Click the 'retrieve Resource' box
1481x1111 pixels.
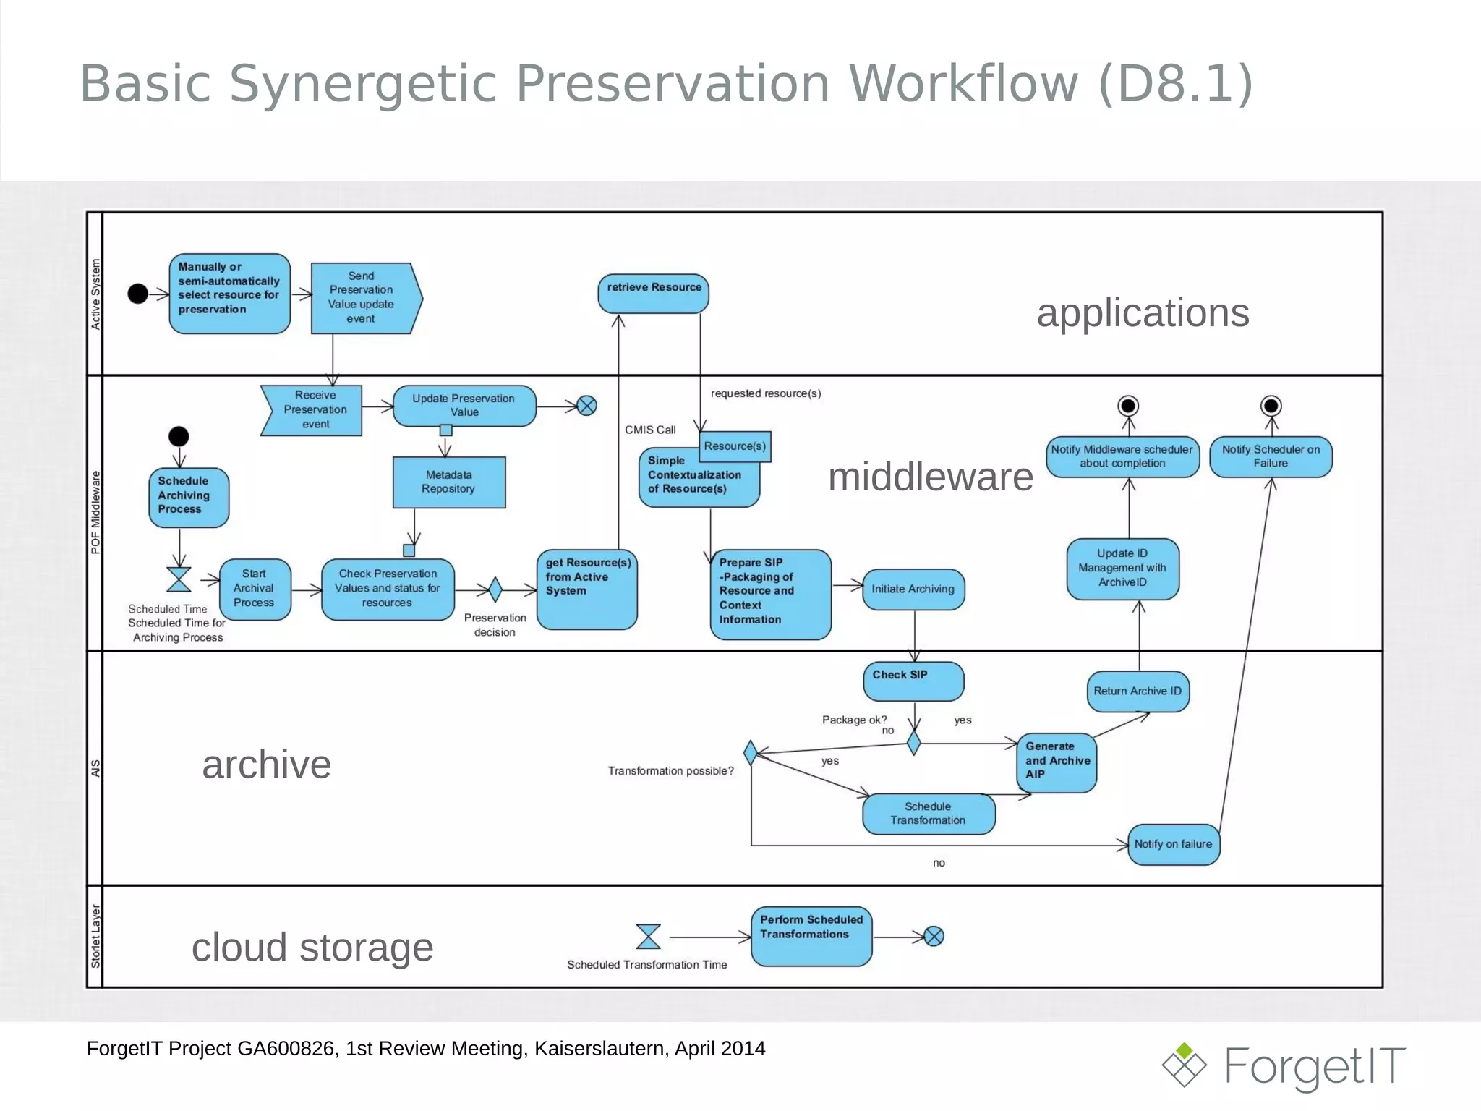(653, 294)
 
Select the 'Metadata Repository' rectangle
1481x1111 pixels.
(449, 482)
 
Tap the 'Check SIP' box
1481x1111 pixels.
(913, 681)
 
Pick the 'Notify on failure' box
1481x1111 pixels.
(1173, 845)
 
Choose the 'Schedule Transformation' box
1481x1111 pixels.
(929, 814)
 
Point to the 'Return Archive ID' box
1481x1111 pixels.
(1138, 691)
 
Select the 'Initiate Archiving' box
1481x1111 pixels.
(913, 589)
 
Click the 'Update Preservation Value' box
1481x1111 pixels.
(464, 406)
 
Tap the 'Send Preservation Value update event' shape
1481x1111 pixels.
(365, 298)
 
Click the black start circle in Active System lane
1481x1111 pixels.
(138, 294)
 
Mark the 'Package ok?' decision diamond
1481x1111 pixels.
(914, 743)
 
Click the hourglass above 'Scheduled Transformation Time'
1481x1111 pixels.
(648, 937)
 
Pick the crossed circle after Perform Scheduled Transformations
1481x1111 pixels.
(934, 937)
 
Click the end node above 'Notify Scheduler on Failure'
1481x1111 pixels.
(1271, 406)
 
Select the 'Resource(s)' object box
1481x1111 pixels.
(735, 446)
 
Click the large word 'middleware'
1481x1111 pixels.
(930, 477)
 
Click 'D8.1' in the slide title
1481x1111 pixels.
(1175, 84)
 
